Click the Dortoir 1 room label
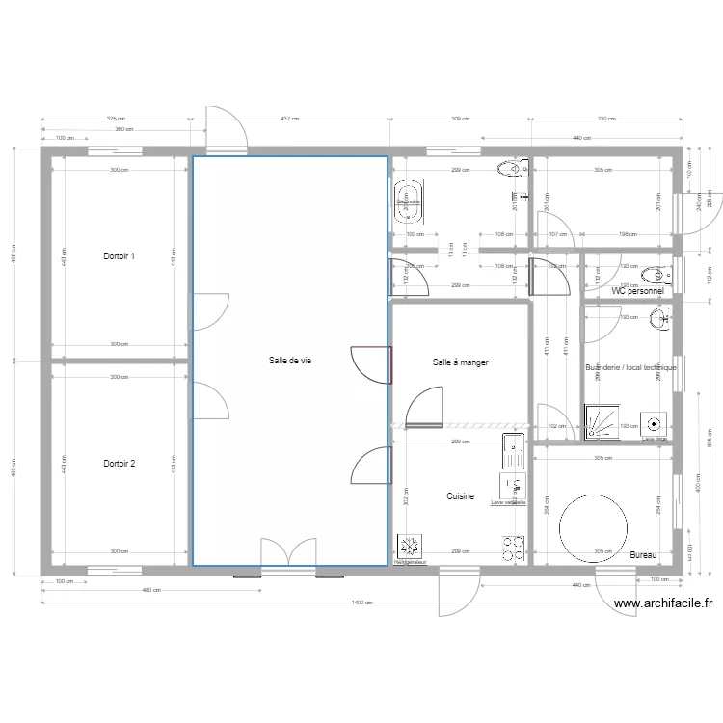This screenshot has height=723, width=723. (119, 256)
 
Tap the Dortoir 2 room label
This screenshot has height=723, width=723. (119, 464)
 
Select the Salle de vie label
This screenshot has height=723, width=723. (289, 361)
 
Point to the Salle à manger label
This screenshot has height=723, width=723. (461, 362)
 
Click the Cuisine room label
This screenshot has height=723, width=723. (461, 496)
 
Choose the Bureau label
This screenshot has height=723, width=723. (643, 555)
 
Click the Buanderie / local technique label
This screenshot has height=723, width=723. (630, 367)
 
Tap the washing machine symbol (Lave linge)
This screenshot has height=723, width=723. (655, 422)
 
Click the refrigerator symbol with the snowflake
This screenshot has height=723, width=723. (407, 547)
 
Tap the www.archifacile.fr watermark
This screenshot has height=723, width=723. (662, 604)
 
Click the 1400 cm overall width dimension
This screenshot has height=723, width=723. (361, 602)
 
